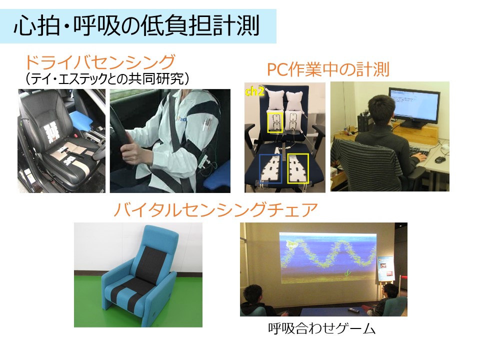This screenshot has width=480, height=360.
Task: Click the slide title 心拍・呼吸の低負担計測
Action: [137, 26]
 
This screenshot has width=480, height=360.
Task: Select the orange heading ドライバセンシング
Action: [100, 62]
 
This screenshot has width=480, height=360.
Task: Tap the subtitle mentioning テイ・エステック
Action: [107, 79]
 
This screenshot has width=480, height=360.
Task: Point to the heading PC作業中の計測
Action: [328, 69]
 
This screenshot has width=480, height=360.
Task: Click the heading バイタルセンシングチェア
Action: [216, 210]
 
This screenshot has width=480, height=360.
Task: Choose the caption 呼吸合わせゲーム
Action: [321, 329]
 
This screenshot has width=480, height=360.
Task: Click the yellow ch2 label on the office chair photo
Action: [254, 91]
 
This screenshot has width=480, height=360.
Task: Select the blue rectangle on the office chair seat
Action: [270, 168]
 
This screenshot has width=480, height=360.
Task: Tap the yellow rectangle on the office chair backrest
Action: [275, 122]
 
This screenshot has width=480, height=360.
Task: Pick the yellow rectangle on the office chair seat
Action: [298, 168]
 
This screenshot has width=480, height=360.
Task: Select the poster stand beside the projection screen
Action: [386, 272]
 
